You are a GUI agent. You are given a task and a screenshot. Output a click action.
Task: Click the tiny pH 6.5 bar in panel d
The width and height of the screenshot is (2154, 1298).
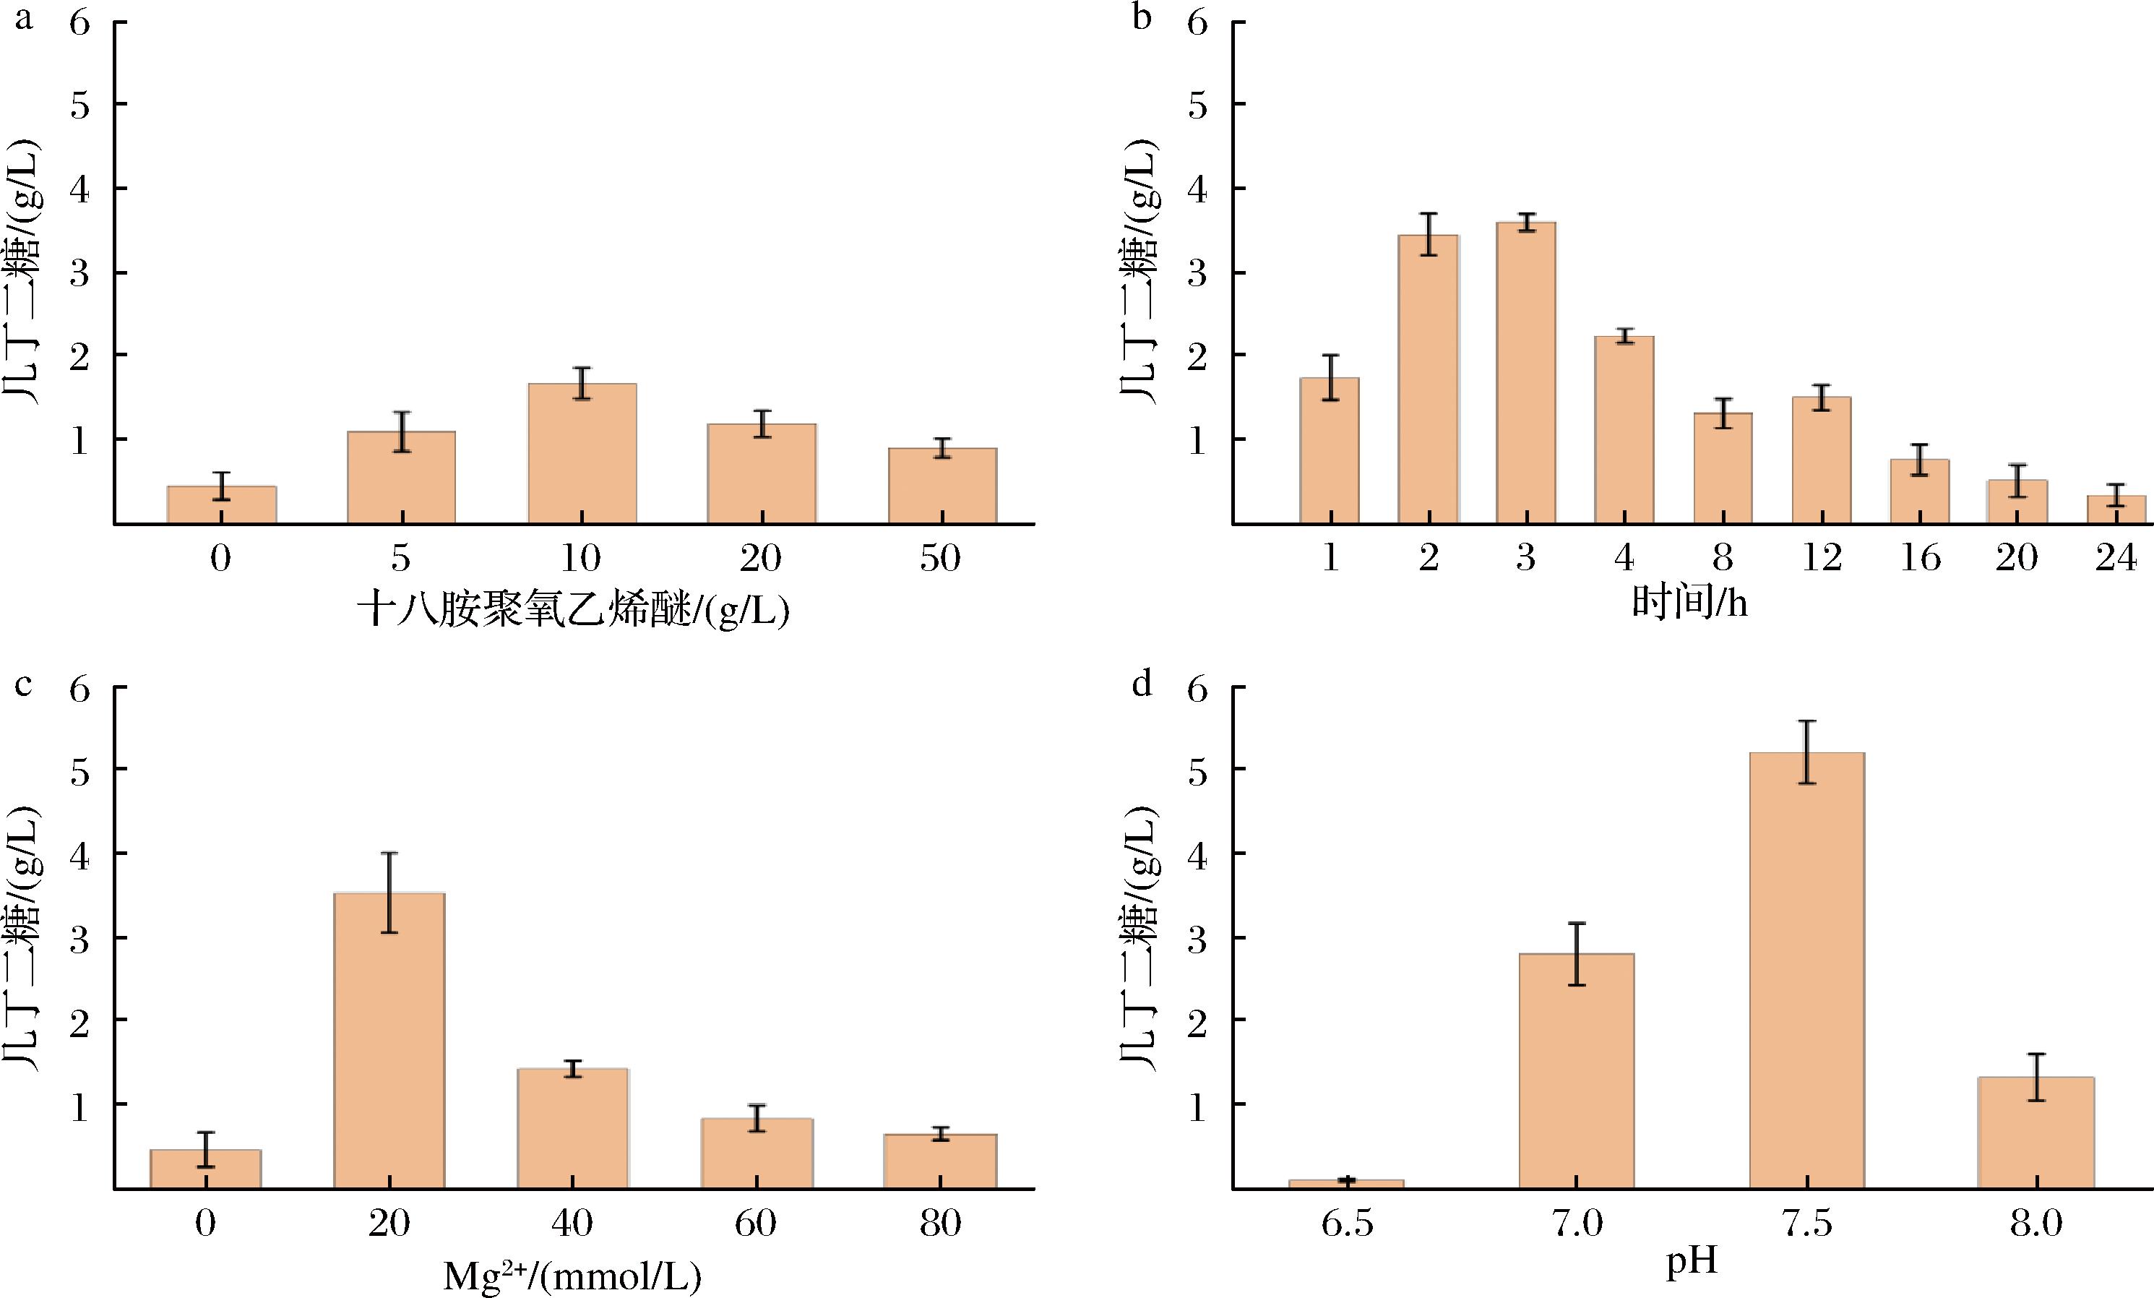[x=1346, y=1184]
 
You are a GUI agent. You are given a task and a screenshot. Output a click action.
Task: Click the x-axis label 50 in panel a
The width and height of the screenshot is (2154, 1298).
[x=941, y=559]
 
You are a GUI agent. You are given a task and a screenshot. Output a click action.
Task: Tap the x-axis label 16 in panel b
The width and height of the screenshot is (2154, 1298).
[x=1920, y=559]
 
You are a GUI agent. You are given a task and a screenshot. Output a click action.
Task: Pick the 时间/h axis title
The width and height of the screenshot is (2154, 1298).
[x=1690, y=603]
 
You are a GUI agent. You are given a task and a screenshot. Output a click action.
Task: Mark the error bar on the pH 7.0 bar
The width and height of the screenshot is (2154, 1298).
[x=1576, y=953]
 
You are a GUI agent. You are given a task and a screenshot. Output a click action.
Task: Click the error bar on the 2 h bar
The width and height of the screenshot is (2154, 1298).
[x=1429, y=234]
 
